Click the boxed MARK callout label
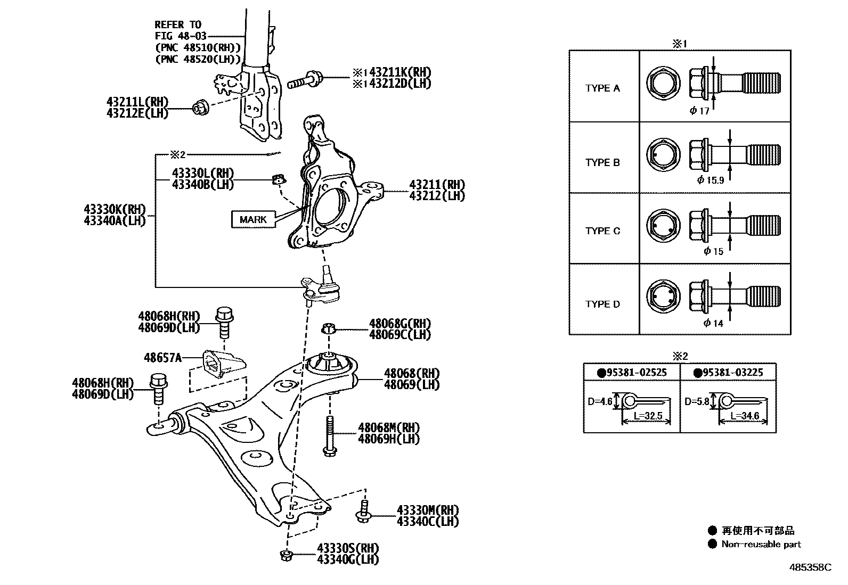253,219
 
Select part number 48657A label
162,358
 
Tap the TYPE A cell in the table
603,88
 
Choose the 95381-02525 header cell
632,372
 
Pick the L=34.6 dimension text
744,416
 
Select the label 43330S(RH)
348,548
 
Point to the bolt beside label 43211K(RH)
304,81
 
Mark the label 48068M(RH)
388,427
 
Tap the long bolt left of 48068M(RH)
329,435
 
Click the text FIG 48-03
181,36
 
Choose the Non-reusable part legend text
761,544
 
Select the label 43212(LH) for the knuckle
437,196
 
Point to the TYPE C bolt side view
735,224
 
